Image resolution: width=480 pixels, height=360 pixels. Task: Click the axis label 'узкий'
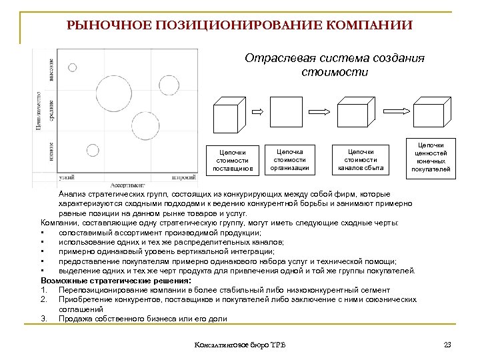pyautogui.click(x=67, y=178)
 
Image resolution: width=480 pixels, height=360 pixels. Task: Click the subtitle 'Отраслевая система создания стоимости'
pyautogui.click(x=334, y=65)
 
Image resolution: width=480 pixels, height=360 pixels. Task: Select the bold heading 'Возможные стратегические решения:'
pyautogui.click(x=115, y=281)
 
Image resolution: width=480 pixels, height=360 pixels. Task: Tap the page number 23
pyautogui.click(x=447, y=344)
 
